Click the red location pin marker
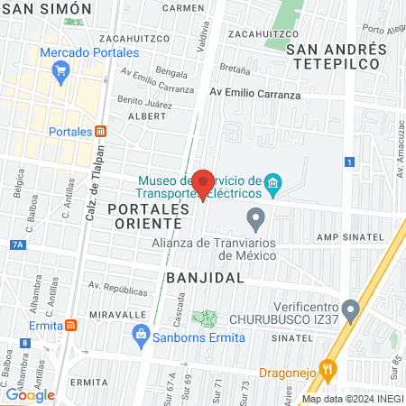coord(202,183)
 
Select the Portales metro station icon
coord(101,131)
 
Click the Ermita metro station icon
coord(71,325)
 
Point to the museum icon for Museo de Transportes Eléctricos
coord(273,188)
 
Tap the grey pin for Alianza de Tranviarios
coord(256,218)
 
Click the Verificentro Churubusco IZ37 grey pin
coord(350,310)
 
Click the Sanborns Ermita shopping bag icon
coord(141,337)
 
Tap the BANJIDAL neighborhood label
coord(206,277)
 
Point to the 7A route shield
coord(18,244)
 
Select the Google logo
coord(30,394)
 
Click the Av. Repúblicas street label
coord(117,291)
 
